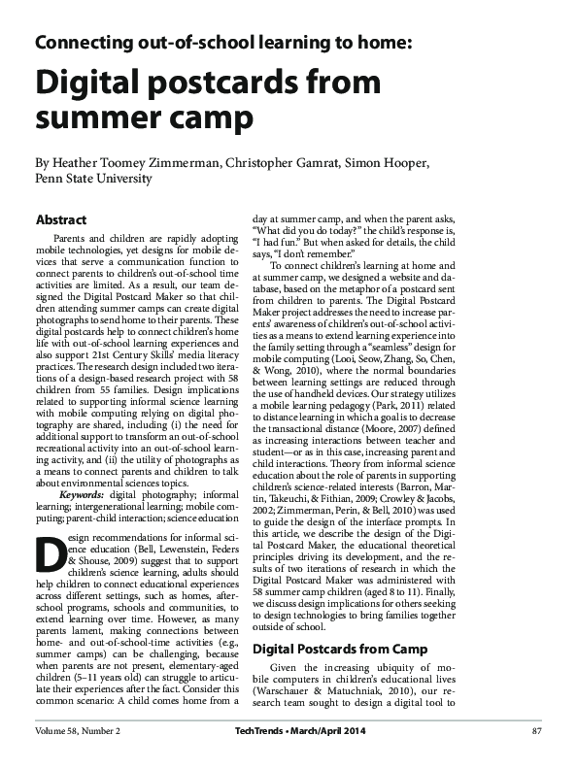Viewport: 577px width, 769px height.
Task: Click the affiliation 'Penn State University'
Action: point(93,179)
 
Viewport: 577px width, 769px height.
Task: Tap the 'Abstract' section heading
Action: point(60,220)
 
